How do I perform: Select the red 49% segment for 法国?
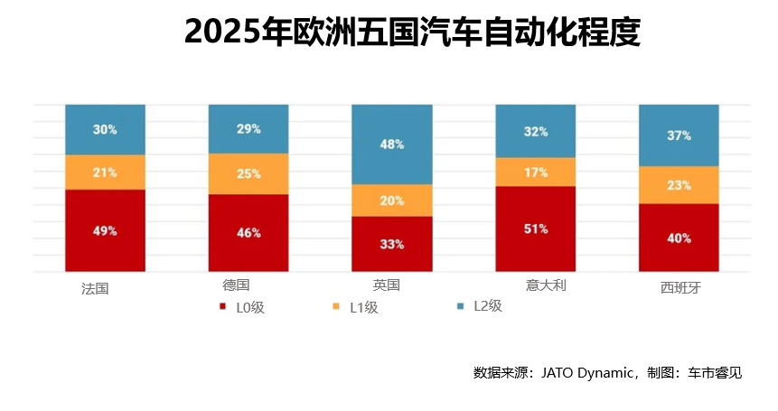point(105,230)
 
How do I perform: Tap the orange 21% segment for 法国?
point(105,172)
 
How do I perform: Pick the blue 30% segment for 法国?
point(105,129)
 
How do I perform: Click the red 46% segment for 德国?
point(248,232)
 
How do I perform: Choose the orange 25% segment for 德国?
point(248,173)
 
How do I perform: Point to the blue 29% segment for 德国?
point(248,129)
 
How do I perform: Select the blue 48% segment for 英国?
point(391,145)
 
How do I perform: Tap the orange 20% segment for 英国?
point(391,201)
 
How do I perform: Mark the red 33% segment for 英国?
point(391,244)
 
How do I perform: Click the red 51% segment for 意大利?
point(535,229)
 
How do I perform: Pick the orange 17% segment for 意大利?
point(535,172)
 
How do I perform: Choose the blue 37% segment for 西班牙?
point(679,135)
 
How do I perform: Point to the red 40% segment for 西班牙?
point(679,238)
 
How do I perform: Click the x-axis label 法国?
point(95,289)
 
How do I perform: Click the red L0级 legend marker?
point(223,307)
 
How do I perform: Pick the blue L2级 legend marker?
point(460,306)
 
